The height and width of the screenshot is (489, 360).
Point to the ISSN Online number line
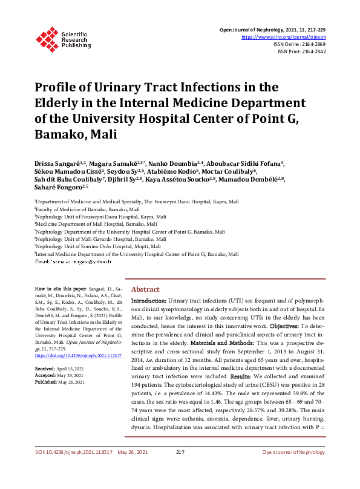point(303,44)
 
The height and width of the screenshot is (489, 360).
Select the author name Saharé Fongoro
point(61,187)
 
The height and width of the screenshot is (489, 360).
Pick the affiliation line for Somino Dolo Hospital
point(99,247)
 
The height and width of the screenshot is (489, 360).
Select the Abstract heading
point(146,290)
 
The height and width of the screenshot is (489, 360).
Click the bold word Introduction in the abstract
point(149,301)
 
